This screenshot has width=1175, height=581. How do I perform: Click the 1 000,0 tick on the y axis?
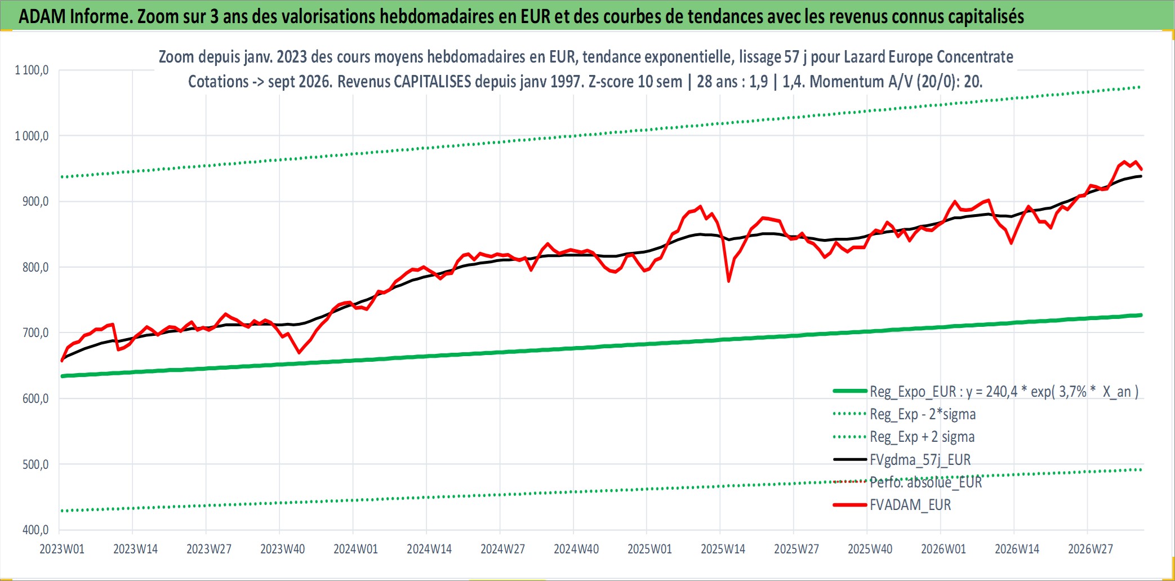coord(32,136)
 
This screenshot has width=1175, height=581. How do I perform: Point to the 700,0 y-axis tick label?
coord(35,333)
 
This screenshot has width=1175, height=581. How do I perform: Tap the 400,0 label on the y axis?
coord(35,530)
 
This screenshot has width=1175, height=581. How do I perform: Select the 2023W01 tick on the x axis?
coord(62,549)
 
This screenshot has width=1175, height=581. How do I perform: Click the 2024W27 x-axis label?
coord(502,549)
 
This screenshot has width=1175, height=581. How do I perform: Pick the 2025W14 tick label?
coord(723,549)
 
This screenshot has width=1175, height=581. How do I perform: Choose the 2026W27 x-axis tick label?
coord(1091,549)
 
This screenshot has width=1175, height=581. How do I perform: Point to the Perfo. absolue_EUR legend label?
coord(926,482)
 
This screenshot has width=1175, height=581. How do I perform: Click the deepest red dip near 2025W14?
coord(729,281)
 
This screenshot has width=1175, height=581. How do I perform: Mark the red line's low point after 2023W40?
coord(299,353)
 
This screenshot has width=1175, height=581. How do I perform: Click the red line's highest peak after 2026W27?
coord(1125,162)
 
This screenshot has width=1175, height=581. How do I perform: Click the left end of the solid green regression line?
coord(62,376)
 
